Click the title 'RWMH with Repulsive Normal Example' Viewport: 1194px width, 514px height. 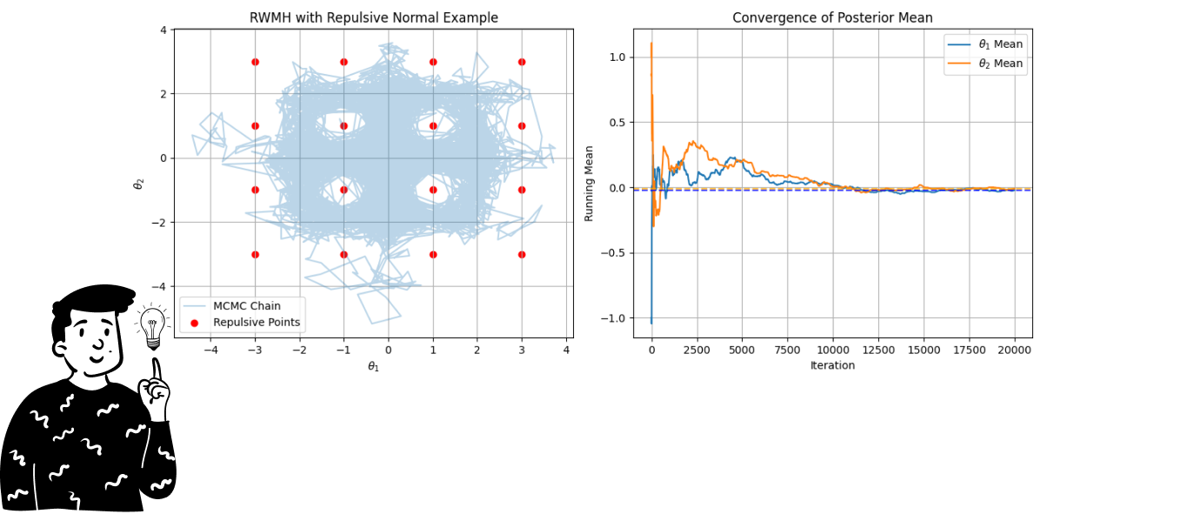point(373,17)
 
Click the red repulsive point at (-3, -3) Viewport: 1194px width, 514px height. point(255,255)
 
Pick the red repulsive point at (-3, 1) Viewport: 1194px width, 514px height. point(255,126)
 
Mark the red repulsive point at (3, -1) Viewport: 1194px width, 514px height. point(522,190)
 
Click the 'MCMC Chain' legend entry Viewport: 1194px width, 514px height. point(246,306)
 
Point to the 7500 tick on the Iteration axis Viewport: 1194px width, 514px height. point(787,350)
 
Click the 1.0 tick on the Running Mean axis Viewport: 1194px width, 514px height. point(616,57)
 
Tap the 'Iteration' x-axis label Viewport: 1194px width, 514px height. point(832,365)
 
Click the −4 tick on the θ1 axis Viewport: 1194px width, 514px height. point(211,350)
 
